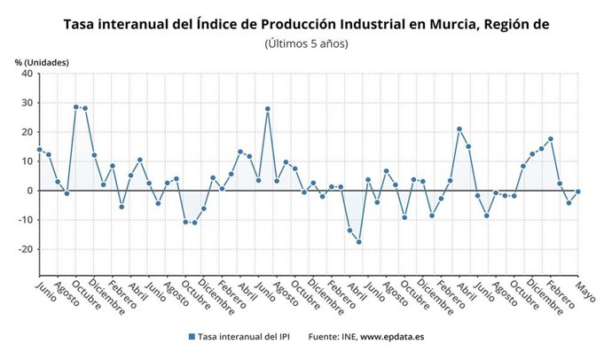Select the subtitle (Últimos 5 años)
pyautogui.click(x=306, y=43)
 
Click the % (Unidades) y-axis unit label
pyautogui.click(x=41, y=62)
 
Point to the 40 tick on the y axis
pyautogui.click(x=27, y=74)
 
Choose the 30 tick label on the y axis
pyautogui.click(x=27, y=103)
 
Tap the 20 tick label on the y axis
pyautogui.click(x=27, y=132)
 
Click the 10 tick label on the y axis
pyautogui.click(x=27, y=161)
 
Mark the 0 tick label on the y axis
pyautogui.click(x=29, y=191)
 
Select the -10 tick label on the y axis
pyautogui.click(x=25, y=220)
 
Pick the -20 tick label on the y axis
pyautogui.click(x=25, y=249)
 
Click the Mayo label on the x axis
pyautogui.click(x=584, y=292)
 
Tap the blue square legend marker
pyautogui.click(x=191, y=337)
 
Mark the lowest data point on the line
pyautogui.click(x=359, y=241)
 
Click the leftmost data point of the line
pyautogui.click(x=39, y=150)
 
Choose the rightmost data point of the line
pyautogui.click(x=578, y=192)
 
